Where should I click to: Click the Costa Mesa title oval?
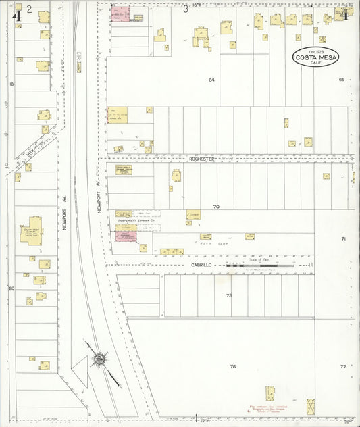click(316, 57)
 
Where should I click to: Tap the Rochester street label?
click(202, 159)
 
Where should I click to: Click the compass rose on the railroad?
click(99, 359)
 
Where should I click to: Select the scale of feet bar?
click(260, 266)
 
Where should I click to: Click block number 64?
click(211, 80)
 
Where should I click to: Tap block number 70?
click(216, 206)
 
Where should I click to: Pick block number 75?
click(229, 295)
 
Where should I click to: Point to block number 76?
click(232, 366)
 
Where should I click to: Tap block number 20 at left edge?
click(11, 288)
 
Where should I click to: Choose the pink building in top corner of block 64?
click(120, 14)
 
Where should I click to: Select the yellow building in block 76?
click(270, 393)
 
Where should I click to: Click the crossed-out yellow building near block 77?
click(311, 407)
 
